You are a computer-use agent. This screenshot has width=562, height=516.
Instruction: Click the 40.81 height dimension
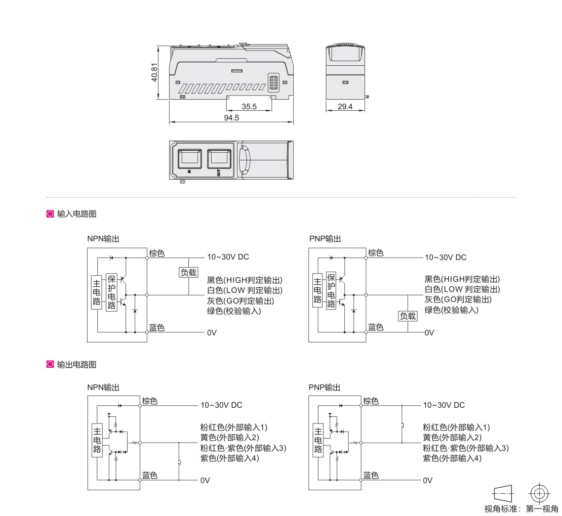pyautogui.click(x=154, y=72)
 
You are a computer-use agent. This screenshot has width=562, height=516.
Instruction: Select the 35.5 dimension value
pyautogui.click(x=249, y=106)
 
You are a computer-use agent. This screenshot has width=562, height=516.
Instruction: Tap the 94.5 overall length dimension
pyautogui.click(x=231, y=117)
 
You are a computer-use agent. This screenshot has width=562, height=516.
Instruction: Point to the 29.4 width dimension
pyautogui.click(x=345, y=106)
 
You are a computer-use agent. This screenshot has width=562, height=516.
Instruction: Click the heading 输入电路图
pyautogui.click(x=76, y=214)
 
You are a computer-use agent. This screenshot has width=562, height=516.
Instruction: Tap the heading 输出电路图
pyautogui.click(x=76, y=365)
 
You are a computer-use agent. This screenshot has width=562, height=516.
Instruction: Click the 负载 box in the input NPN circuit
pyautogui.click(x=188, y=273)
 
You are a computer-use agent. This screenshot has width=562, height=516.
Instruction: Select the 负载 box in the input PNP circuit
pyautogui.click(x=408, y=316)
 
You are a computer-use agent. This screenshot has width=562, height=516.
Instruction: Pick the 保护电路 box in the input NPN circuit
pyautogui.click(x=111, y=292)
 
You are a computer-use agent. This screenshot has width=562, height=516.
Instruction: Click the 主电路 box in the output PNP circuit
pyautogui.click(x=318, y=440)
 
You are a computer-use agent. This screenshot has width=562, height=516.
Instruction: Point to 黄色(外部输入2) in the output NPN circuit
pyautogui.click(x=229, y=437)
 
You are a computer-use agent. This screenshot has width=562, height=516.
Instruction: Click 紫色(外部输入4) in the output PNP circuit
pyautogui.click(x=452, y=458)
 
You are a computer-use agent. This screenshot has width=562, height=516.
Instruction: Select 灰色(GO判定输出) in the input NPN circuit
pyautogui.click(x=240, y=301)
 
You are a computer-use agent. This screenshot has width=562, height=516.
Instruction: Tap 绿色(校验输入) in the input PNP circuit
pyautogui.click(x=452, y=310)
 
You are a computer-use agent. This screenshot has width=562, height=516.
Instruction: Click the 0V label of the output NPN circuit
pyautogui.click(x=205, y=480)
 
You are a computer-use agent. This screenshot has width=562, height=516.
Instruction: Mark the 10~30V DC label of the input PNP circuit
pyautogui.click(x=446, y=257)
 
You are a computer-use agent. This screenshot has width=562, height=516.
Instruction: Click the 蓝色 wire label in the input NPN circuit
pyautogui.click(x=156, y=327)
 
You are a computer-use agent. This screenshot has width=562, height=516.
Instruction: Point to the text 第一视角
pyautogui.click(x=542, y=508)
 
